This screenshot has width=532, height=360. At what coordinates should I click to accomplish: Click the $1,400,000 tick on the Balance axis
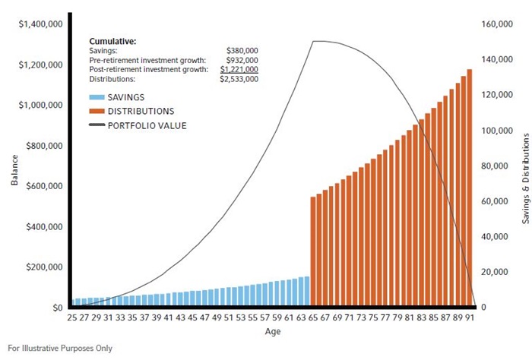tap(41, 24)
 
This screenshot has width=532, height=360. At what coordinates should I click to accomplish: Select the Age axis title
tap(272, 332)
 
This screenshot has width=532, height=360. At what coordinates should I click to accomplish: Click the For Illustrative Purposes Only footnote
tap(60, 349)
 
